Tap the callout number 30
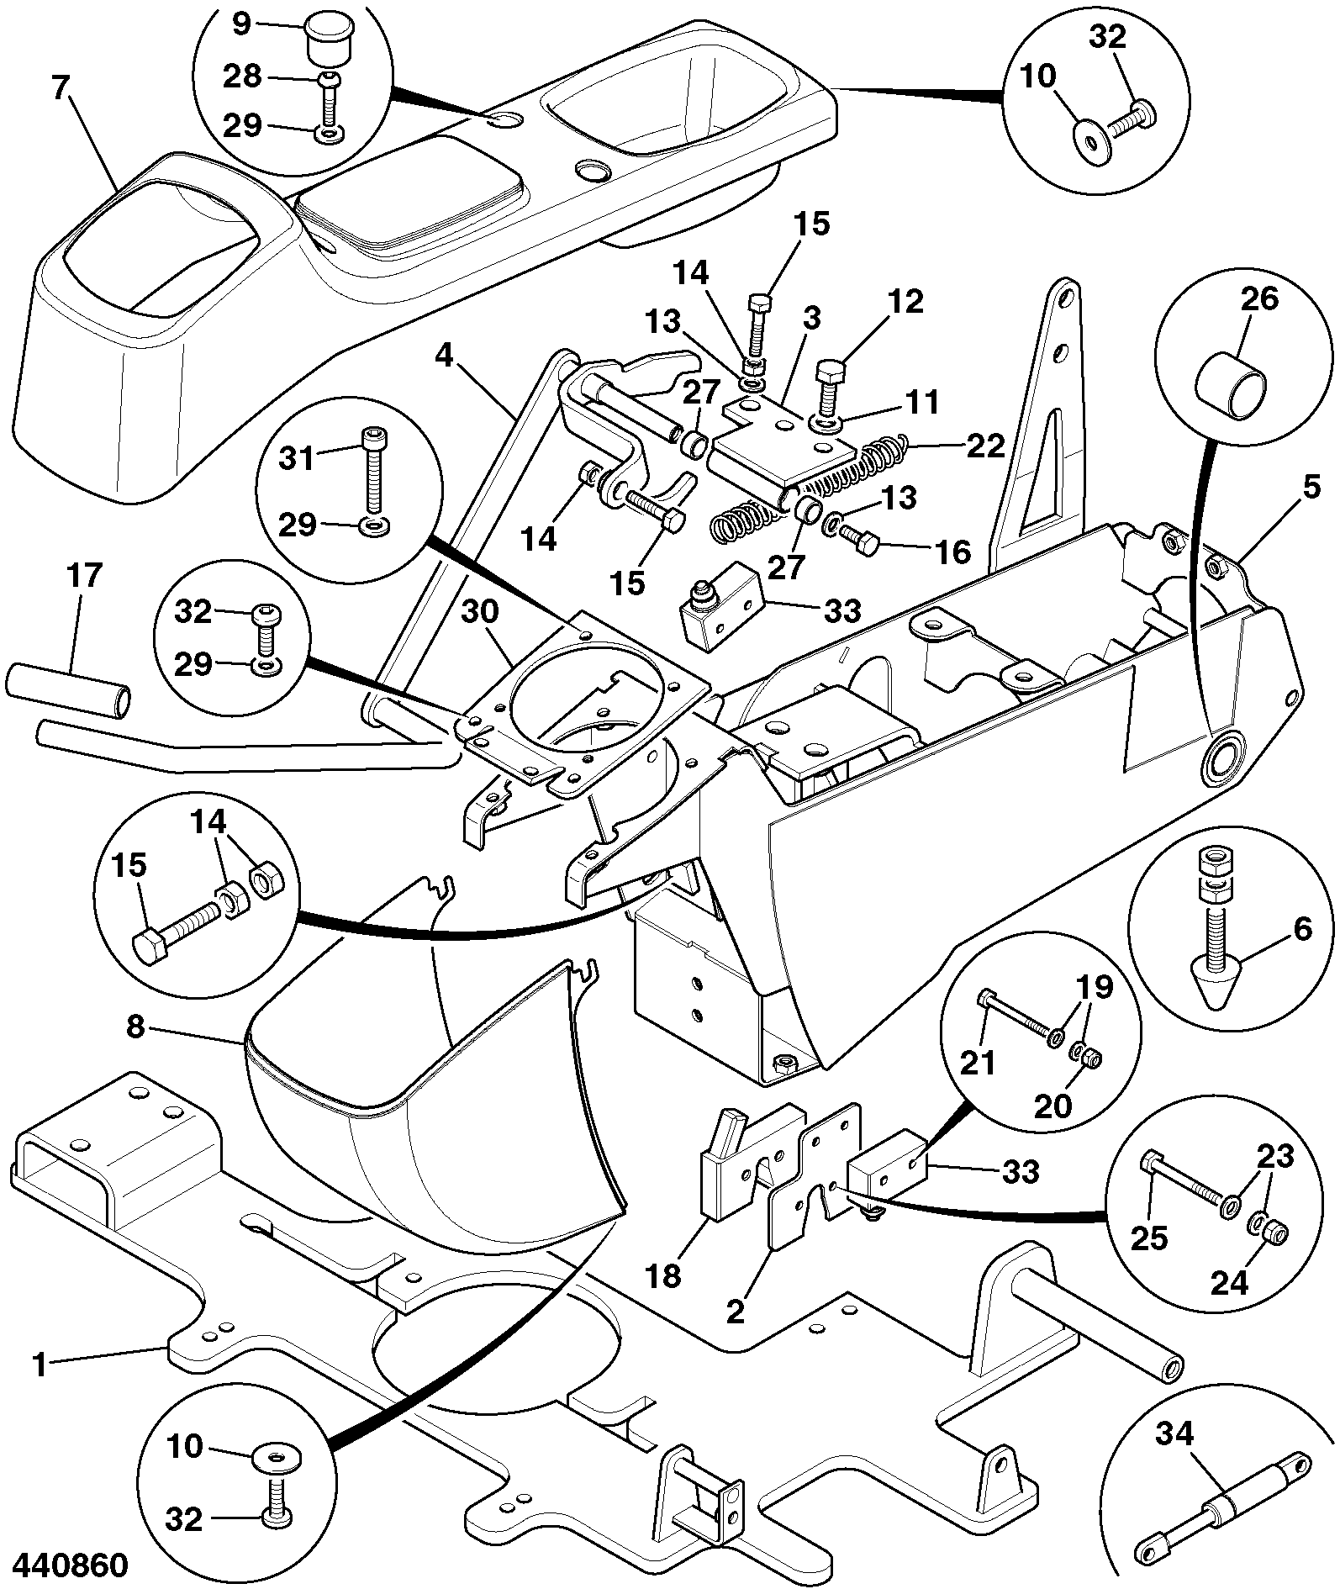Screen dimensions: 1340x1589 click(480, 612)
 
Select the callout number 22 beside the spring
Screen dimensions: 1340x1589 click(984, 446)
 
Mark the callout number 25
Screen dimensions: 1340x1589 click(1148, 1238)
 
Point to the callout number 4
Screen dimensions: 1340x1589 click(444, 356)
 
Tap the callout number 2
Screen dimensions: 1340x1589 click(736, 1311)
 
